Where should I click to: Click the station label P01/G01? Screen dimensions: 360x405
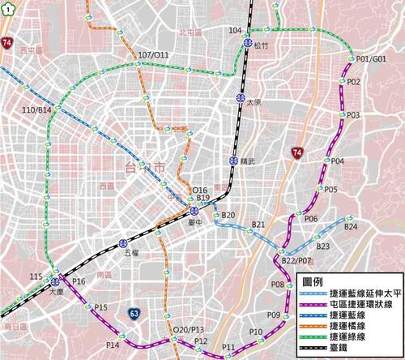coord(372,58)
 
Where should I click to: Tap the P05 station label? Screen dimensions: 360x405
coord(331,189)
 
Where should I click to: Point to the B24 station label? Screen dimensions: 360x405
coord(351,228)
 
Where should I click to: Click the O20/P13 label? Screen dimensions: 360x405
coord(188,329)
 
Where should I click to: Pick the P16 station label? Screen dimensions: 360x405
coord(79,281)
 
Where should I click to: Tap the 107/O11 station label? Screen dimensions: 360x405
coord(153,55)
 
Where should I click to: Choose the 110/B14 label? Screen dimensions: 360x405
coord(37,109)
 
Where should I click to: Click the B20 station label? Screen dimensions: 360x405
coord(228,215)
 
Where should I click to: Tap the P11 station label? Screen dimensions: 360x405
coord(228,348)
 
